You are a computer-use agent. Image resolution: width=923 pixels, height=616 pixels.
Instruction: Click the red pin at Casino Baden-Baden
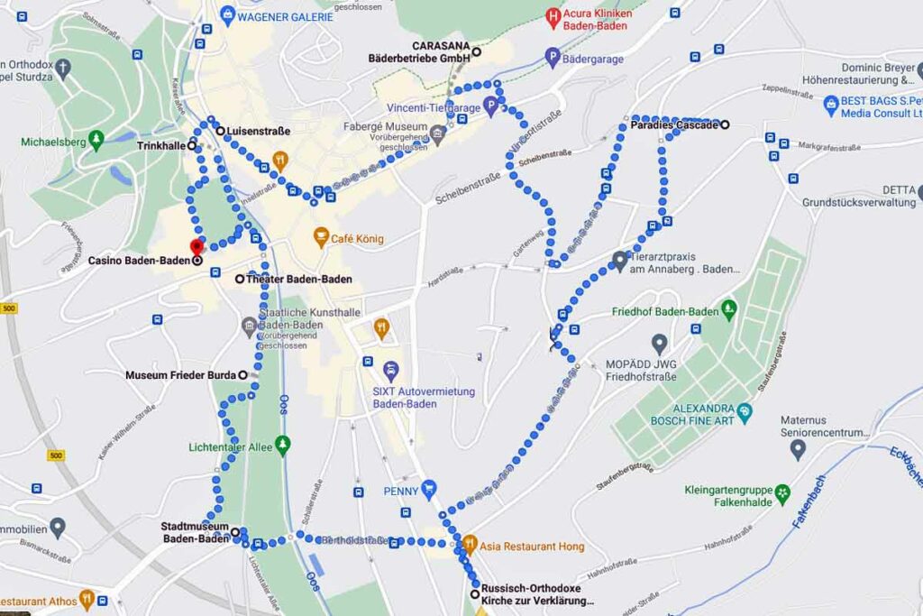pyautogui.click(x=196, y=246)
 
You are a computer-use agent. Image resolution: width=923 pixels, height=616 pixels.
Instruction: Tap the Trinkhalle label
pyautogui.click(x=161, y=145)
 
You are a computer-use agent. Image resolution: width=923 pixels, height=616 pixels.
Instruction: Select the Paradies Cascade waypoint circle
pyautogui.click(x=725, y=124)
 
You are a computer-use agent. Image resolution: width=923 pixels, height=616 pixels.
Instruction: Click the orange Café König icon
pyautogui.click(x=321, y=238)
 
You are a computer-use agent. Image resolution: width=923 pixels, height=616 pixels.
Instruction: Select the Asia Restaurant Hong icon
pyautogui.click(x=469, y=546)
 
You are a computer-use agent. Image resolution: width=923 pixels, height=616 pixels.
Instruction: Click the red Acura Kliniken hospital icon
pyautogui.click(x=553, y=15)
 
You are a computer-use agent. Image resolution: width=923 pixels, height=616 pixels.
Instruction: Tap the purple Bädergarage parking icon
pyautogui.click(x=553, y=59)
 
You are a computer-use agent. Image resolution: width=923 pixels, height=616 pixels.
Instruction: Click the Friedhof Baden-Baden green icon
pyautogui.click(x=729, y=311)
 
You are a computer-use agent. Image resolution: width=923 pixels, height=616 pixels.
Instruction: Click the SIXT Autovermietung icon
pyautogui.click(x=390, y=370)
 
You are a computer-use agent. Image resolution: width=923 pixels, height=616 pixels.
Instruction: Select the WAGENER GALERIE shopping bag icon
pyautogui.click(x=228, y=14)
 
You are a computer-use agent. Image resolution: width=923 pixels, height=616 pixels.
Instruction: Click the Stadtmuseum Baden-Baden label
pyautogui.click(x=196, y=532)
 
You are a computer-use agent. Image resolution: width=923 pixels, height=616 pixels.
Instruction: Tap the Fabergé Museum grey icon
pyautogui.click(x=438, y=135)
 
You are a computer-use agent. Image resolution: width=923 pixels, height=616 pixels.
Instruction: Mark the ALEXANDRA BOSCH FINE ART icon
pyautogui.click(x=744, y=412)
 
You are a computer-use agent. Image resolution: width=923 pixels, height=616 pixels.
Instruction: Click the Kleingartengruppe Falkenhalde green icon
pyautogui.click(x=781, y=493)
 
